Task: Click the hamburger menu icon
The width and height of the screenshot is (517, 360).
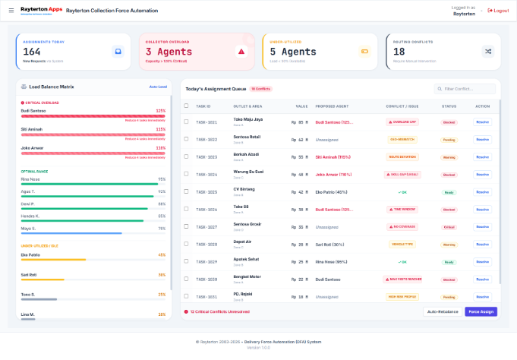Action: (11, 11)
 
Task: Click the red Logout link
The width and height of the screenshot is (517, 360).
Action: (499, 11)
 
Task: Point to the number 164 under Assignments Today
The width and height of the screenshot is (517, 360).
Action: (31, 51)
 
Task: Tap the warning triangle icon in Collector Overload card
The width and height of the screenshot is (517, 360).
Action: (241, 52)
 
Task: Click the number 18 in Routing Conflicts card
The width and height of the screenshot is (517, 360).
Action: (399, 51)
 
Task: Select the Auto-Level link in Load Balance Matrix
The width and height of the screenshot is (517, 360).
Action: (157, 87)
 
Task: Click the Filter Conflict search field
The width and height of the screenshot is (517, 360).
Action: (465, 89)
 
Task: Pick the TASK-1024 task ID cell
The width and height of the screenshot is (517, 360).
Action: (206, 174)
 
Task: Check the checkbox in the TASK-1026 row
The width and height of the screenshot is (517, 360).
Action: (187, 209)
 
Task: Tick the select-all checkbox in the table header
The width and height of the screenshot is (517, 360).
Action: (187, 106)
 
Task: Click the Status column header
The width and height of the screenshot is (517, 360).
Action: (449, 106)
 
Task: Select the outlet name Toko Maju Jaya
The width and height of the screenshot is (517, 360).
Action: (248, 119)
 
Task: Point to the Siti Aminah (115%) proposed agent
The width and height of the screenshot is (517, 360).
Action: (333, 156)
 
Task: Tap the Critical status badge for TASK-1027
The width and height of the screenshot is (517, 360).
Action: (449, 227)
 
